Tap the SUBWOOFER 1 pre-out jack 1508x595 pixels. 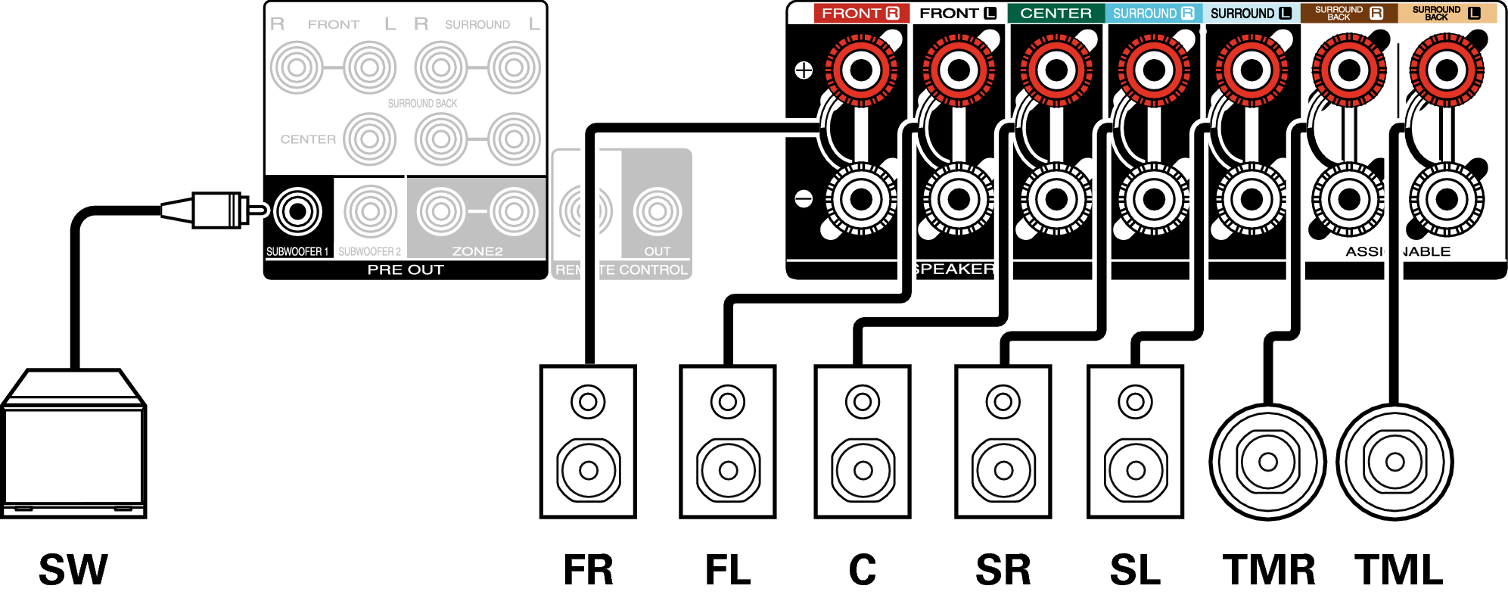(x=297, y=211)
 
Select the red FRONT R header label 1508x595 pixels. (x=860, y=13)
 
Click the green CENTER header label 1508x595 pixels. (x=1056, y=13)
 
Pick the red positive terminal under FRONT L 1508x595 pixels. (x=959, y=70)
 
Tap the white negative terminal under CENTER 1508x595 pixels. (x=1056, y=200)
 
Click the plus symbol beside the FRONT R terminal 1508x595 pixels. (x=804, y=70)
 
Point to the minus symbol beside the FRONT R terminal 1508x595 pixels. (x=804, y=199)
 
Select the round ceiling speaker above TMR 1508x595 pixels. (x=1267, y=462)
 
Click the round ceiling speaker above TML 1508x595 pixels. (x=1395, y=462)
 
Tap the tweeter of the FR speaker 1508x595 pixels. (x=588, y=401)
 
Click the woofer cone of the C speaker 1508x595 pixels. (x=863, y=470)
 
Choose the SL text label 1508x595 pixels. (x=1135, y=570)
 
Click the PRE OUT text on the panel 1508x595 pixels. (x=406, y=270)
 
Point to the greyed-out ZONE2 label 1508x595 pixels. (x=477, y=251)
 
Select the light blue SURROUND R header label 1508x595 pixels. (x=1153, y=13)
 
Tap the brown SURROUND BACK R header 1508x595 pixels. (x=1348, y=13)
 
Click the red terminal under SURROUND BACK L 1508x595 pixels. (x=1447, y=70)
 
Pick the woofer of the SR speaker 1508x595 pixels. (x=1003, y=470)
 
